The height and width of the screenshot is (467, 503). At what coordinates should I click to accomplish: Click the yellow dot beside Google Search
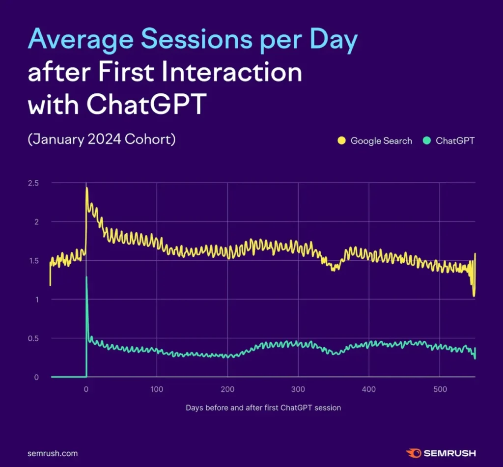(341, 141)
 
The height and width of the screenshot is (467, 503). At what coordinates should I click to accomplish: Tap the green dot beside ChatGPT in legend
(426, 141)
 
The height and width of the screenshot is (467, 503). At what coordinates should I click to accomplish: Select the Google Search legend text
(381, 141)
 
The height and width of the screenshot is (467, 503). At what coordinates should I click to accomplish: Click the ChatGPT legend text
(455, 141)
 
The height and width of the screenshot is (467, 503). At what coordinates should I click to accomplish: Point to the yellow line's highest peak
(87, 188)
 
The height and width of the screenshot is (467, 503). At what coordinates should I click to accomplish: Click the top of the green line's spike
(86, 277)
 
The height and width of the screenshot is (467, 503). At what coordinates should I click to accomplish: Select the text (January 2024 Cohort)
(102, 139)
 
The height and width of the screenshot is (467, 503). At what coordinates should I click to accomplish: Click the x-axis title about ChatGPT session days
(263, 408)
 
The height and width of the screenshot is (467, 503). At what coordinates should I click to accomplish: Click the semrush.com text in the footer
(53, 453)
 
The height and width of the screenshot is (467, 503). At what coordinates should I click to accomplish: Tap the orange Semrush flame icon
(412, 453)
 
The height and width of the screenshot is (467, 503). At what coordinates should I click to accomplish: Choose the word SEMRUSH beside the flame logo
(449, 453)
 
